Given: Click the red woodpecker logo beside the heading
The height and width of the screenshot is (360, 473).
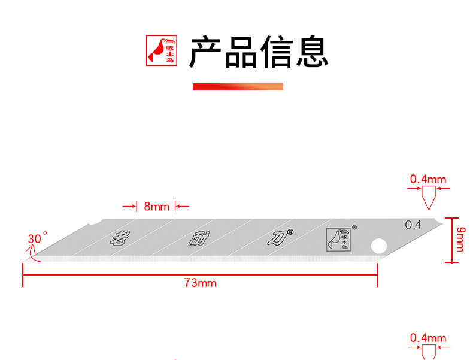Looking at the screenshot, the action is click(163, 51).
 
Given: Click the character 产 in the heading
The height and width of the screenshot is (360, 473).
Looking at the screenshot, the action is click(206, 52).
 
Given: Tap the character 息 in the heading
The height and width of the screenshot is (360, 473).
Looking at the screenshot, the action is click(311, 52).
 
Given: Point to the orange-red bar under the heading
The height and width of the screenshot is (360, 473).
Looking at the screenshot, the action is click(237, 87).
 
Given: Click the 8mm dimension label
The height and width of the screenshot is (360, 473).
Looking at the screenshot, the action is click(156, 207).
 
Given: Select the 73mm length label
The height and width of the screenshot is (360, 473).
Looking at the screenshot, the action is click(200, 283).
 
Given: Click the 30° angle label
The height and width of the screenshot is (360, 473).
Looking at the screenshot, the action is click(36, 238).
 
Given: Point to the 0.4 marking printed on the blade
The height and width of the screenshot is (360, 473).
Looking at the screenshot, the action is click(413, 225).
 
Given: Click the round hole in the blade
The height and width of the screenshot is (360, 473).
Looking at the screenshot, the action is click(378, 246).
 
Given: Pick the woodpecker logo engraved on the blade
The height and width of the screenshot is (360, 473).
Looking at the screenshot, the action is click(339, 239).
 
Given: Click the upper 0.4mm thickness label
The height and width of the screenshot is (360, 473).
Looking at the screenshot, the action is click(428, 179).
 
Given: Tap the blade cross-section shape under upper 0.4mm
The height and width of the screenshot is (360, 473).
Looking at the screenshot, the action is click(428, 197).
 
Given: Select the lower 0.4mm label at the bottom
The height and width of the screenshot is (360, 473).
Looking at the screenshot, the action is click(428, 338).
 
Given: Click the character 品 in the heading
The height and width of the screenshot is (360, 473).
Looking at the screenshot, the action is click(241, 52).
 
